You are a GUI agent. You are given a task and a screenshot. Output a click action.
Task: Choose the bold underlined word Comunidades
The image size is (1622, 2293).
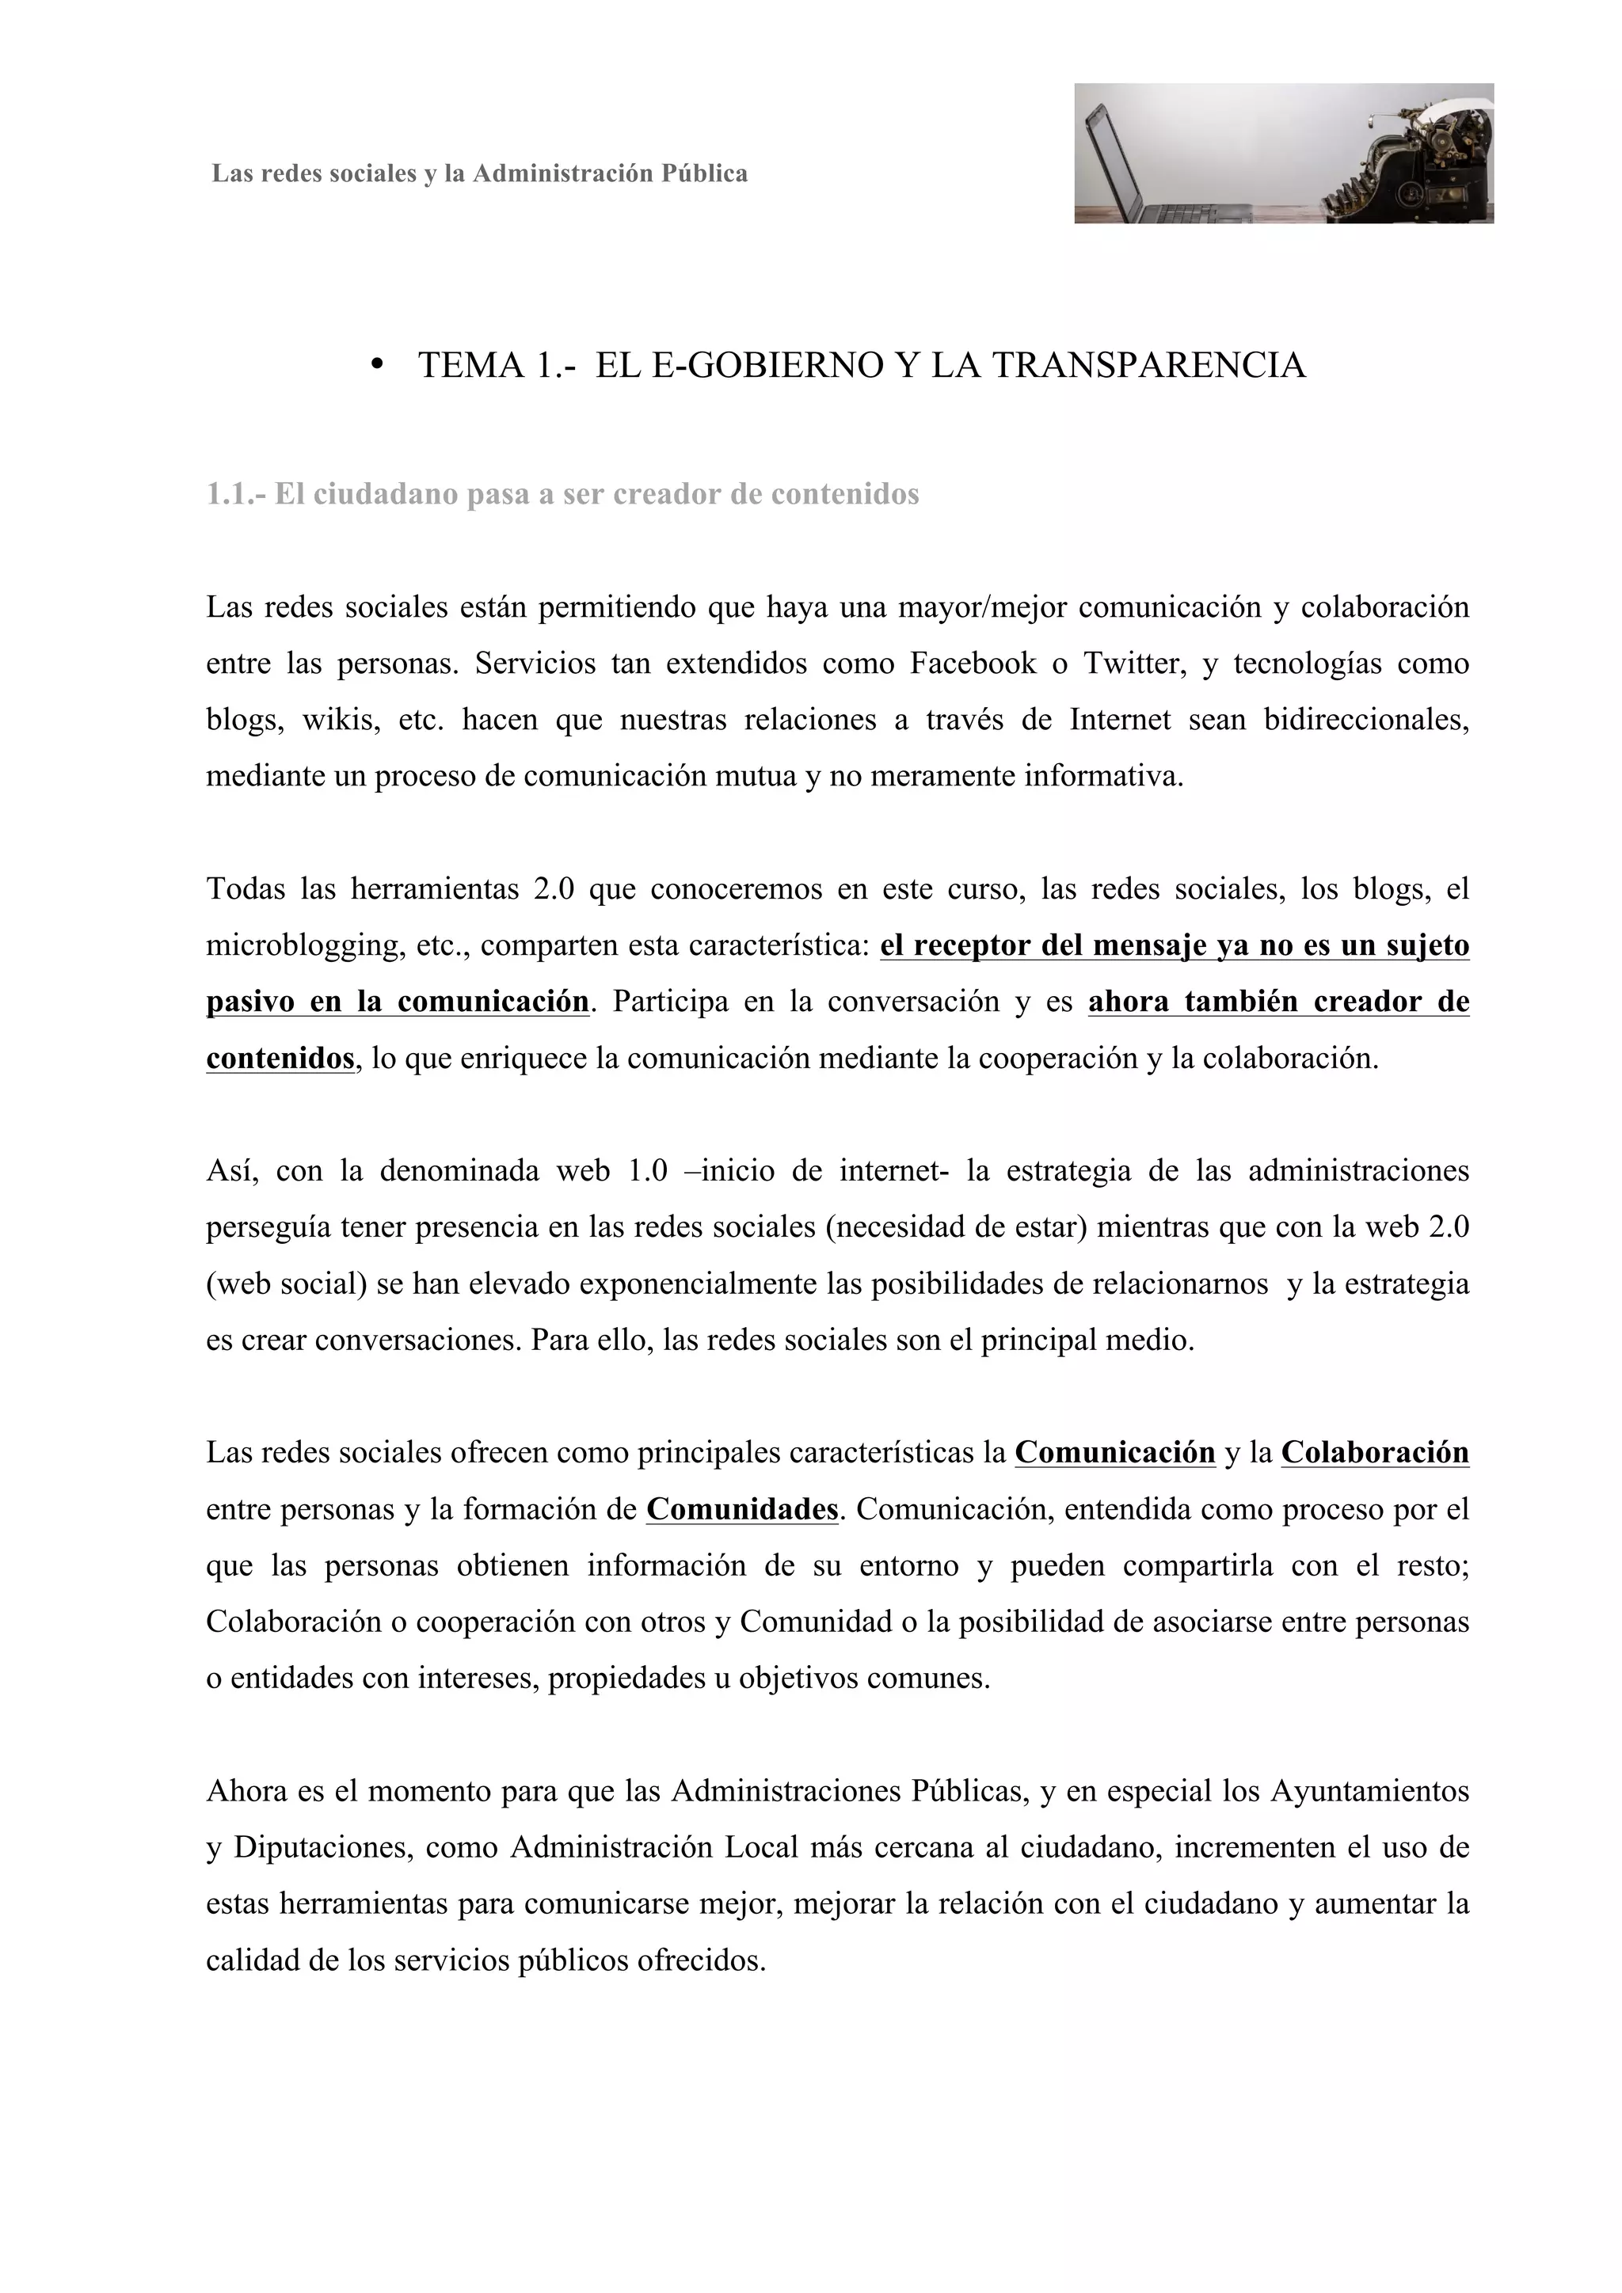pos(742,1509)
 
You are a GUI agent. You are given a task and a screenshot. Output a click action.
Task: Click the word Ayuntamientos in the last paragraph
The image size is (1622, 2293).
pos(1369,1791)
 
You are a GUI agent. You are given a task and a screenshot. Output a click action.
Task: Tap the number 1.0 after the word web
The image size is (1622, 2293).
pos(647,1170)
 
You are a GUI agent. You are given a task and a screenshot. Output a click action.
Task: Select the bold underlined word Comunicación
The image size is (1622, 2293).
pos(1114,1453)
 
